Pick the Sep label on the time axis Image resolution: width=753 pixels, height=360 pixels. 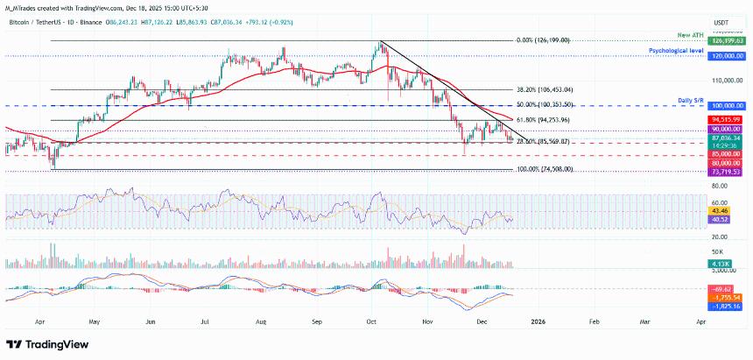click(318, 321)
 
